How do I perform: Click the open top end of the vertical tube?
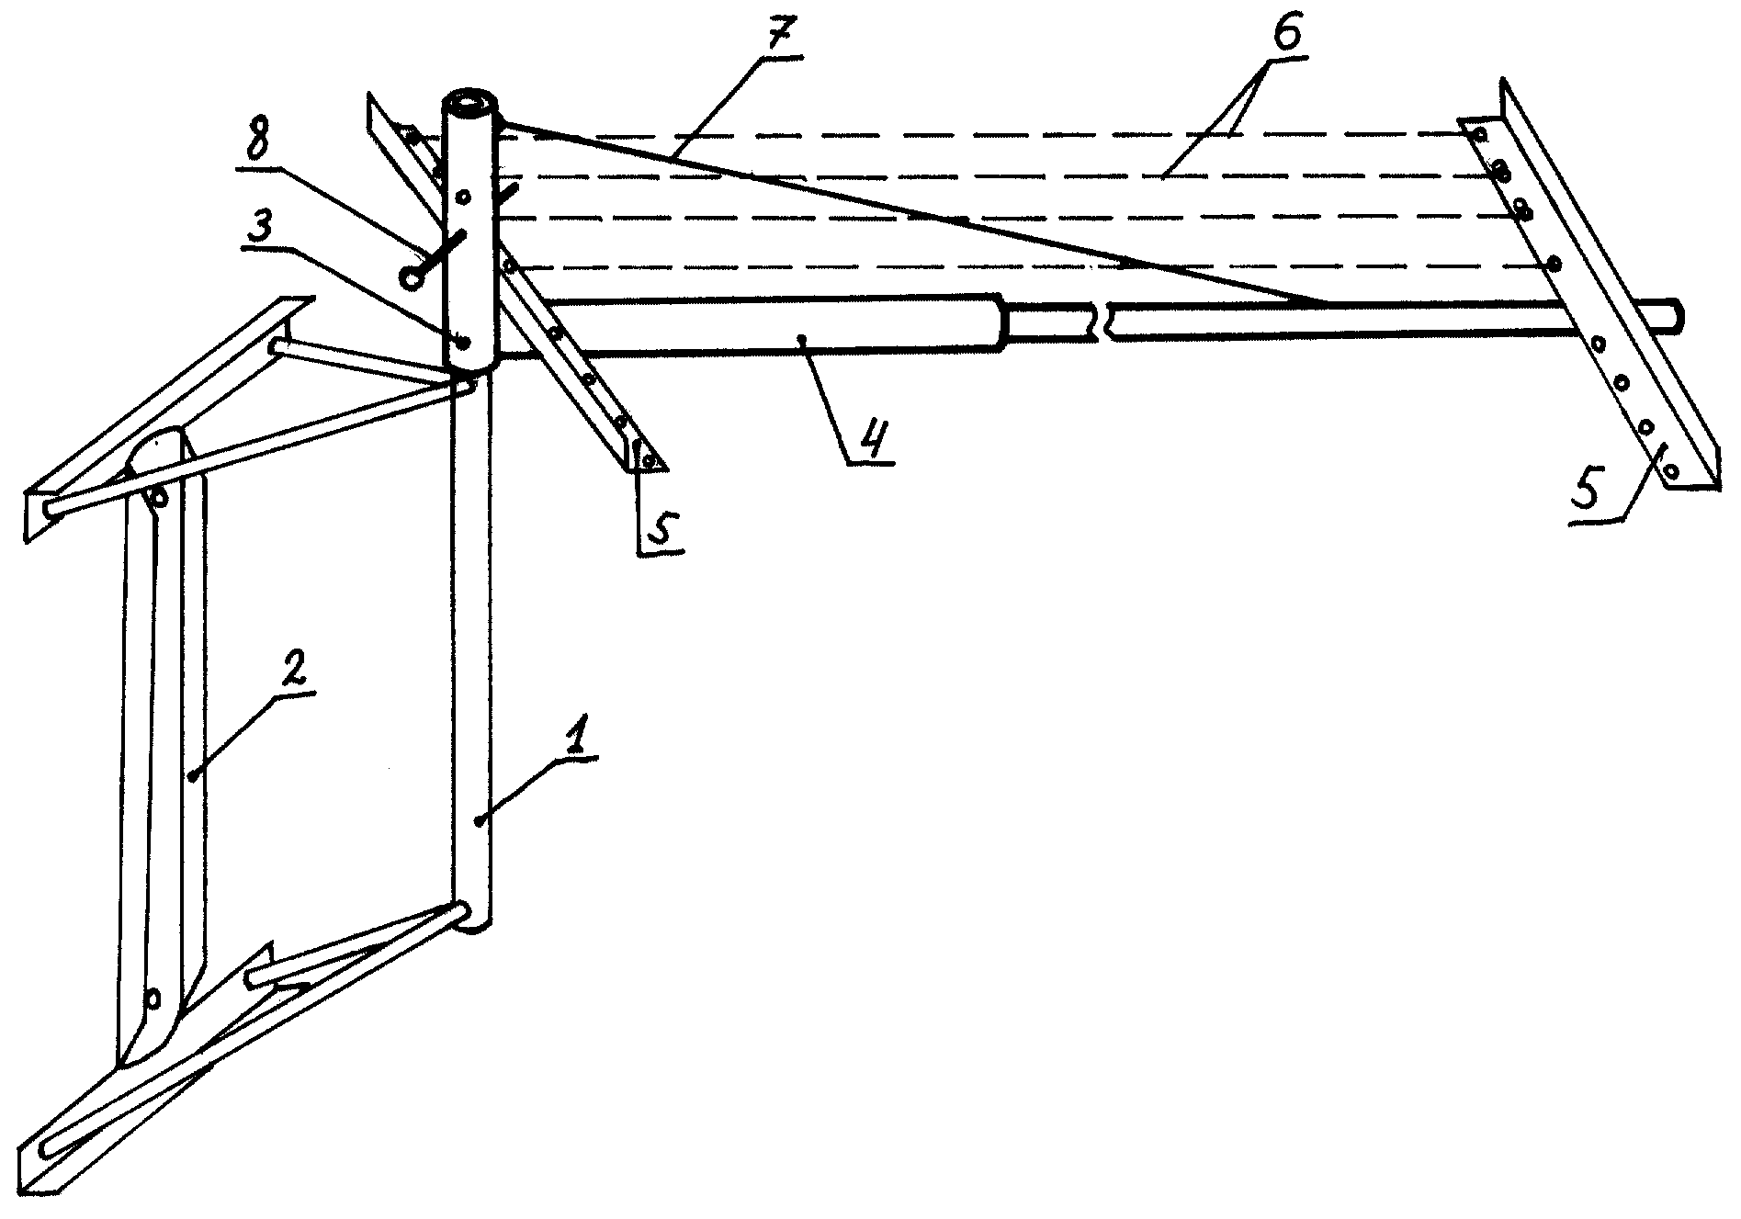click(x=470, y=102)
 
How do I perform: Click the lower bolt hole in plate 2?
click(x=153, y=998)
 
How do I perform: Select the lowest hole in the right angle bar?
click(x=1671, y=471)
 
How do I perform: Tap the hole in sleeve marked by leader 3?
click(x=464, y=343)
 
